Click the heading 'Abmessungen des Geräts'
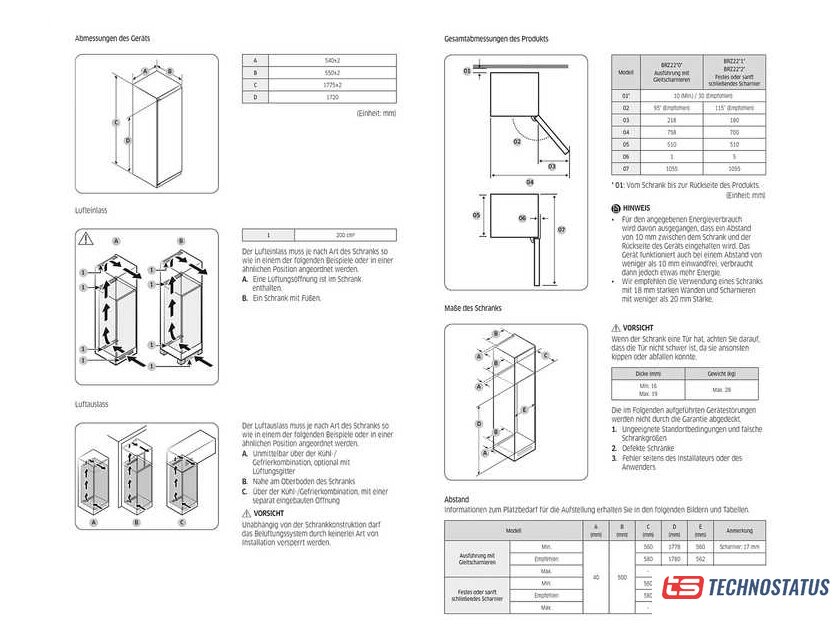113,38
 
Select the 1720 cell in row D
333,97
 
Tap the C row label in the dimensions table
255,85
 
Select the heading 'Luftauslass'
91,404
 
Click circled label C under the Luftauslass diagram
181,522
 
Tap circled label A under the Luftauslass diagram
93,522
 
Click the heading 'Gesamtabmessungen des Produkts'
496,39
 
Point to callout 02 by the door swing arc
517,142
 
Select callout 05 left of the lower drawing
477,215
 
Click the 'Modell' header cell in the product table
626,73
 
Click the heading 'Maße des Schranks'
473,308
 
